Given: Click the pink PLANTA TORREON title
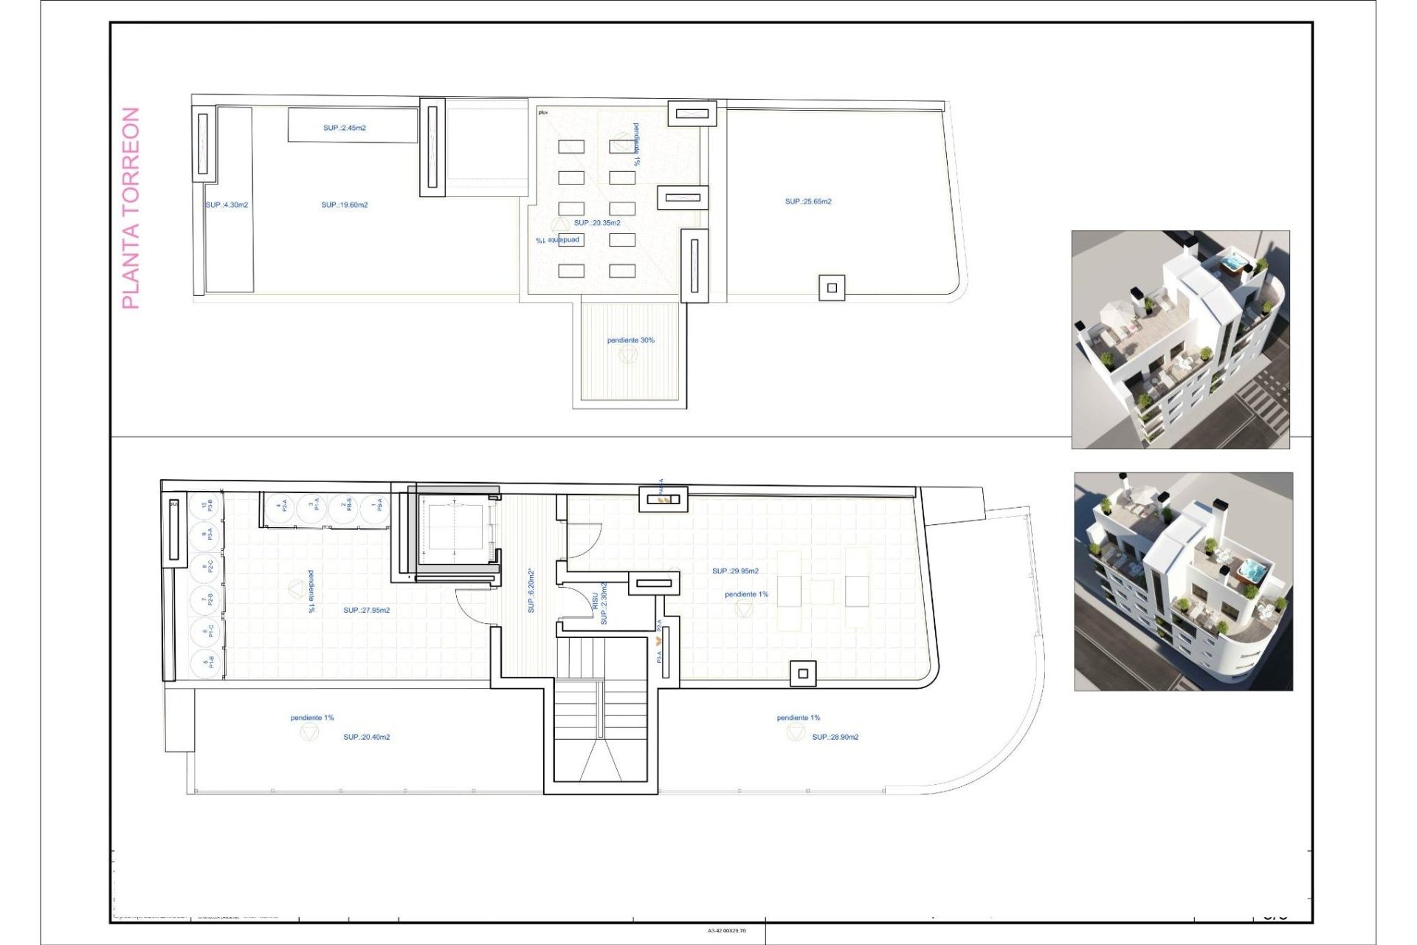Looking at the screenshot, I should click(131, 208).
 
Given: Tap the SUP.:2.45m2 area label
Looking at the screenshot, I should click(344, 128).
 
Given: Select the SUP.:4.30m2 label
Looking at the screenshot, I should click(227, 205).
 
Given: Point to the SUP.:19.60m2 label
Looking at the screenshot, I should click(344, 205).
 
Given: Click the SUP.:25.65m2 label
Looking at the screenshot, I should click(808, 202).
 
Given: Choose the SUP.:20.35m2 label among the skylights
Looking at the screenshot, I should click(597, 223).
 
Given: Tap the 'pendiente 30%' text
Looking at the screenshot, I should click(630, 340).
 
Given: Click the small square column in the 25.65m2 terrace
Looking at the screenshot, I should click(832, 288).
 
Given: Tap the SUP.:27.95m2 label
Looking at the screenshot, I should click(366, 611).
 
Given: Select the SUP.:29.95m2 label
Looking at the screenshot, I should click(735, 571).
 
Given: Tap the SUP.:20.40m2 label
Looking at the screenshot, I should click(366, 737).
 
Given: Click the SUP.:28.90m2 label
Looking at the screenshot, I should click(835, 737).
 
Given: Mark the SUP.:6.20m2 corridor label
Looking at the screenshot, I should click(531, 591).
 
